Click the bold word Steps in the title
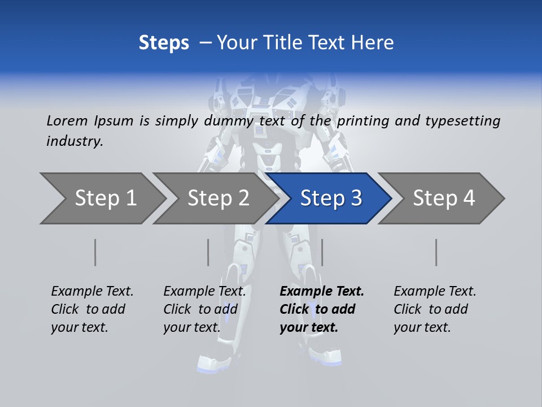coord(164,43)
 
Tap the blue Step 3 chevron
coord(331,198)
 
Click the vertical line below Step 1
coord(95,252)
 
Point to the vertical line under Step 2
coord(208,252)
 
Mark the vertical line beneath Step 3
coord(322,252)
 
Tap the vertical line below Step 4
coord(436,252)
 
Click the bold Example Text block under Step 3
coord(321,309)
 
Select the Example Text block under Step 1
coord(92,309)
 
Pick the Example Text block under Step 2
coord(204,309)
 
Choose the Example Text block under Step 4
coord(435,309)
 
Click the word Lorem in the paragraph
coord(67,121)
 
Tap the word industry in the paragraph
coord(75,141)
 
